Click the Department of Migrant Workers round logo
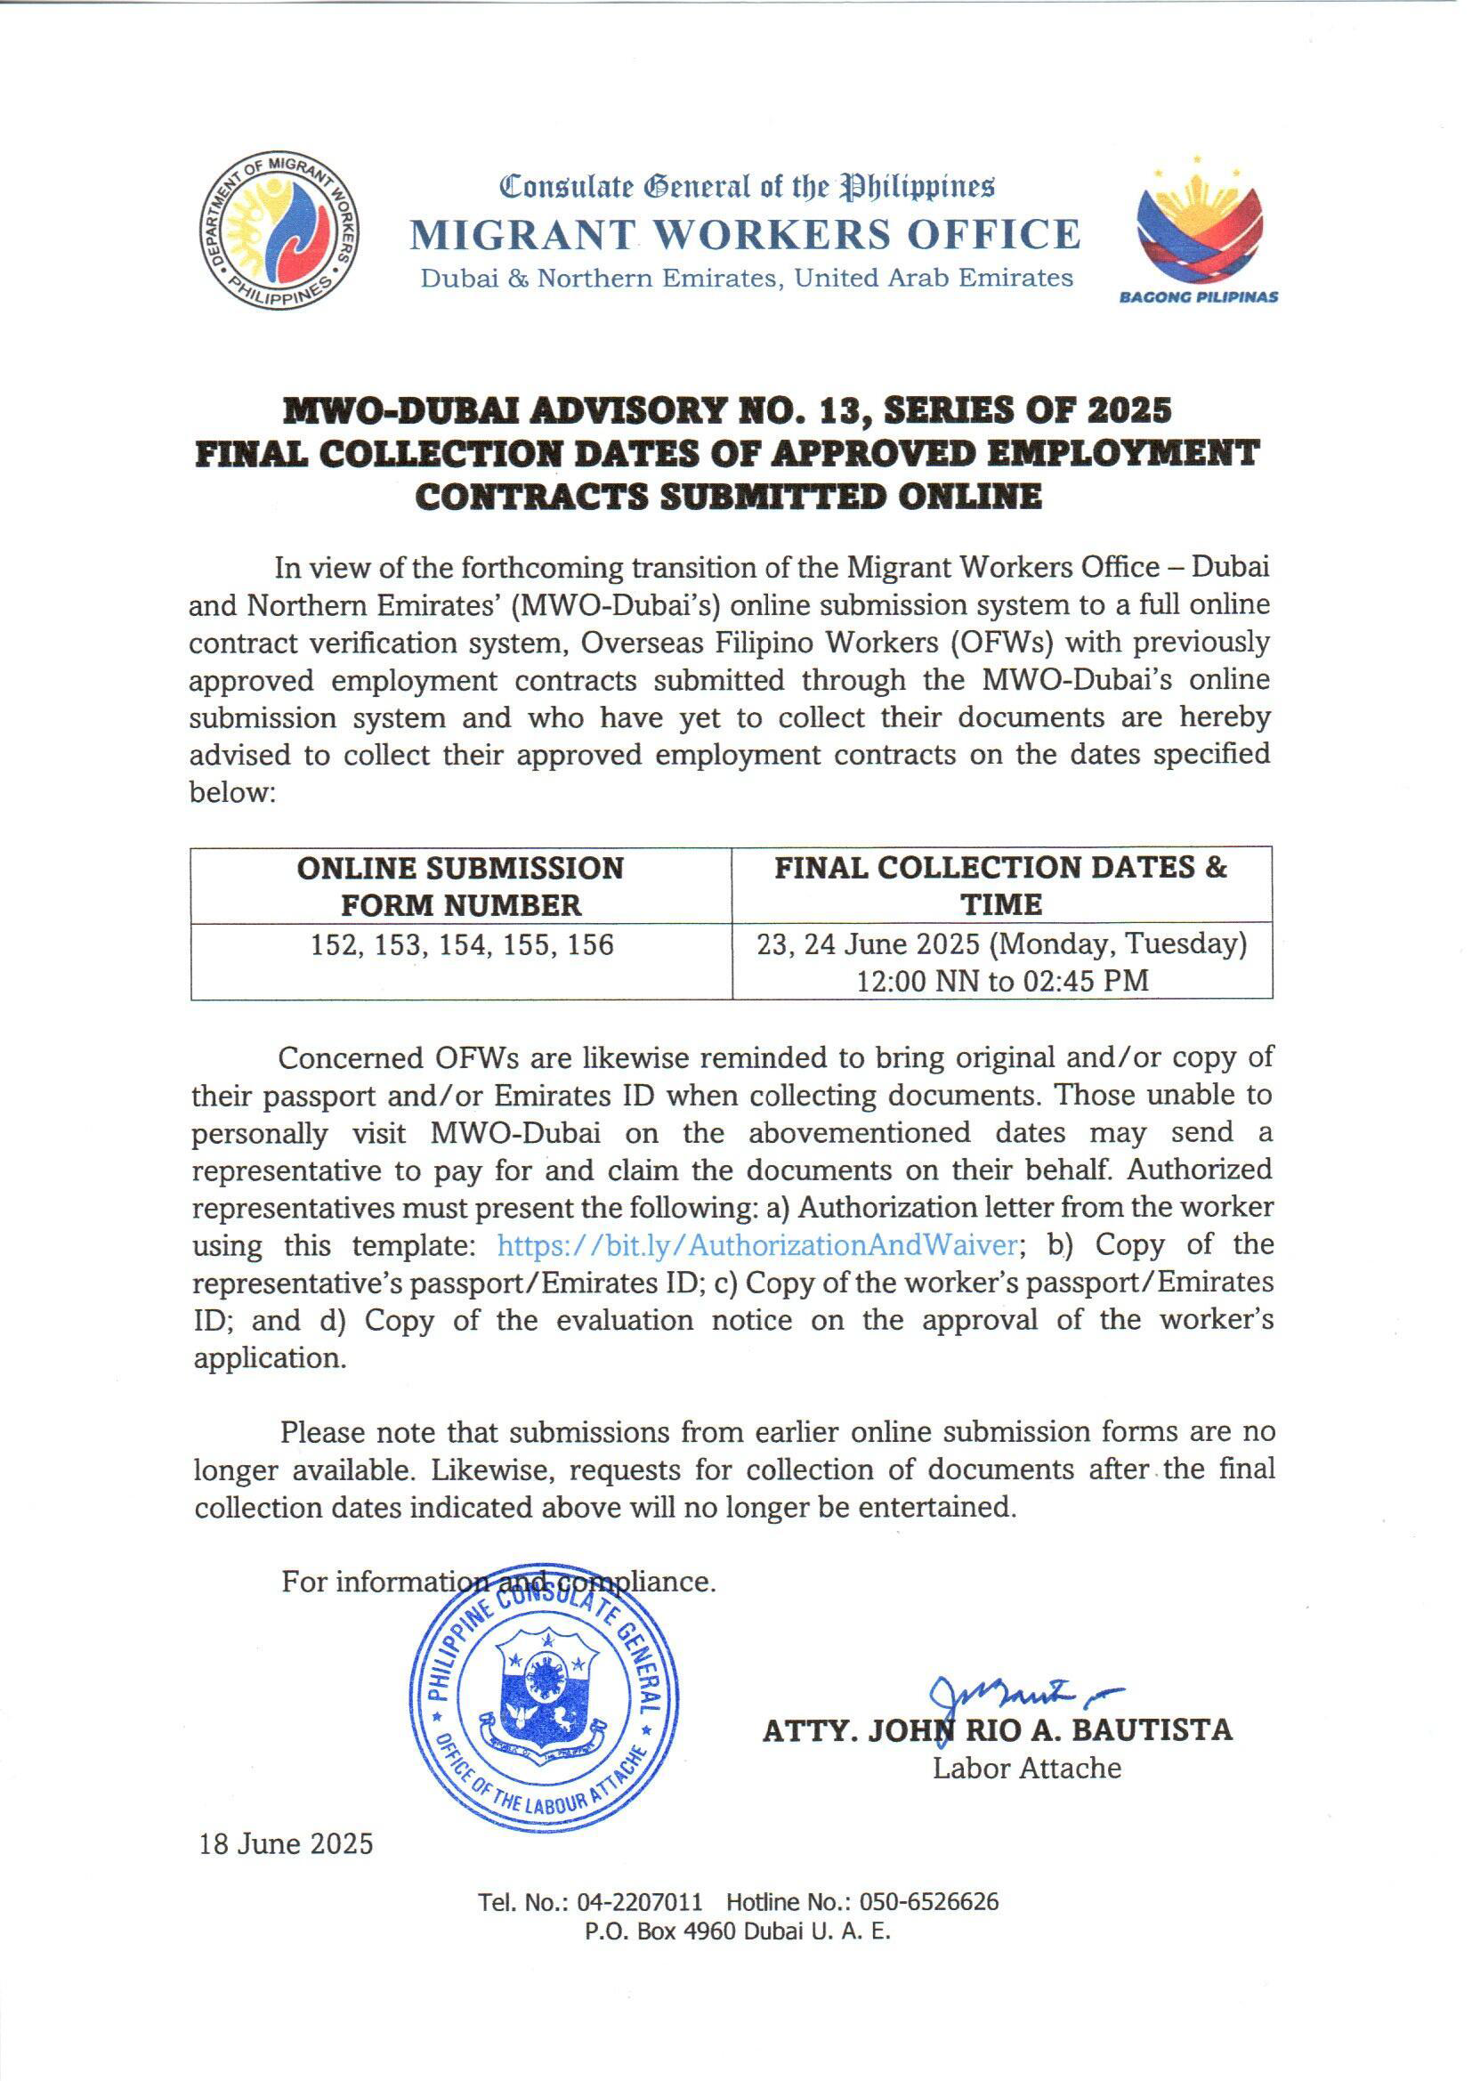(x=279, y=231)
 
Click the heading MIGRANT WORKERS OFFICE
(x=745, y=234)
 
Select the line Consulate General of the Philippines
(x=747, y=186)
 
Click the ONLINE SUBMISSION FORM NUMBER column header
(x=460, y=886)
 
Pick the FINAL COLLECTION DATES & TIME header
(x=1000, y=886)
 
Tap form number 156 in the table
(x=590, y=945)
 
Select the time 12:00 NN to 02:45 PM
(x=1002, y=981)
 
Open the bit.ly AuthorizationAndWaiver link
(x=756, y=1245)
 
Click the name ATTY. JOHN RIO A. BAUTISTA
(x=997, y=1730)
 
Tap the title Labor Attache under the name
(x=1027, y=1769)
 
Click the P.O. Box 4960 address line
(x=738, y=1931)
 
